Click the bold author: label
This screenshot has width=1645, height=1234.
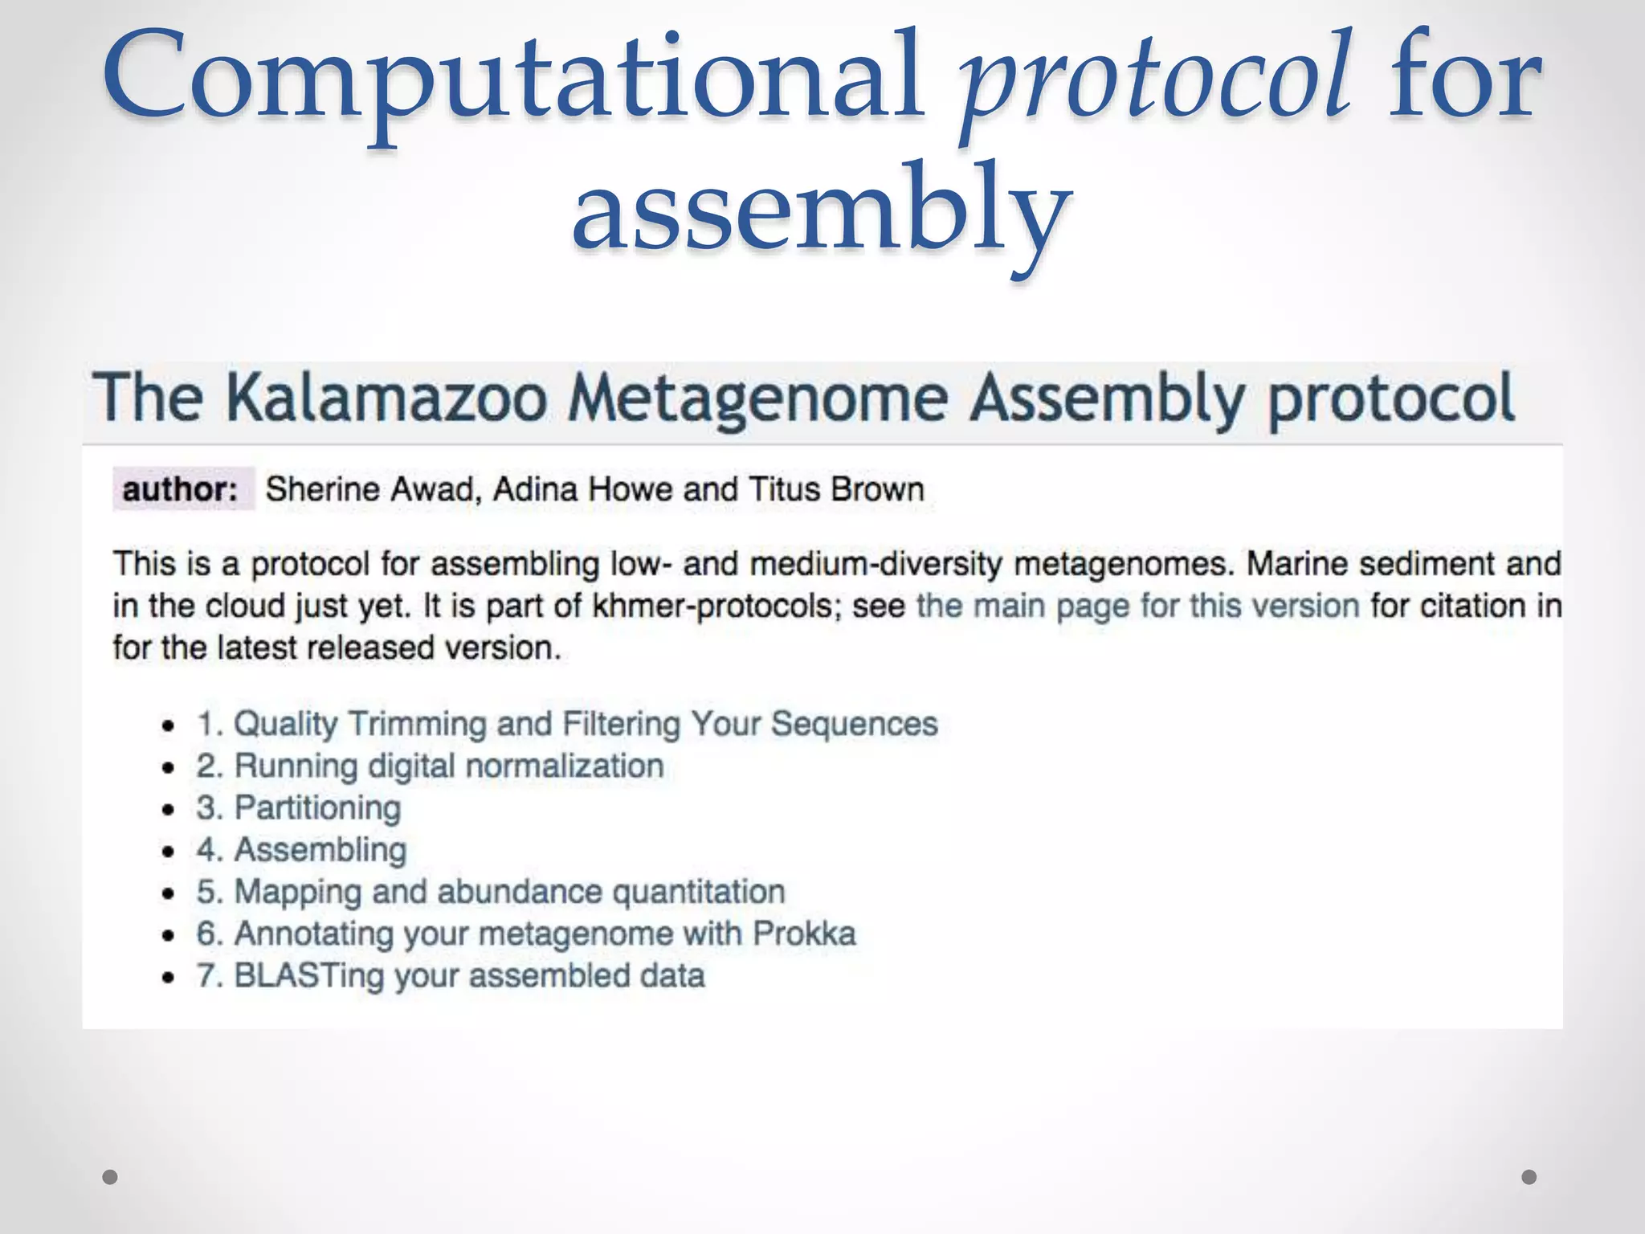coord(182,489)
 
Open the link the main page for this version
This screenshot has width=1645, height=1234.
coord(1137,606)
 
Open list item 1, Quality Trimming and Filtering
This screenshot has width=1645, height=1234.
coord(567,724)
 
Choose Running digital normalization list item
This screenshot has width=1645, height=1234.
coord(430,766)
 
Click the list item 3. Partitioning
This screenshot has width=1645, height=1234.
coord(298,807)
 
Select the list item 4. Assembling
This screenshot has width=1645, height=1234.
coord(301,850)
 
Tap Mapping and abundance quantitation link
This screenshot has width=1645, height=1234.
coord(490,892)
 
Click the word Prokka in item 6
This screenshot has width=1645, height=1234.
coord(804,934)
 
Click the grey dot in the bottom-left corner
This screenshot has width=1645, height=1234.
coord(111,1177)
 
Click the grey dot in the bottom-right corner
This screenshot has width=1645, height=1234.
coord(1529,1177)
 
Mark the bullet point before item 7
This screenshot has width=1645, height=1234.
coord(168,978)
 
